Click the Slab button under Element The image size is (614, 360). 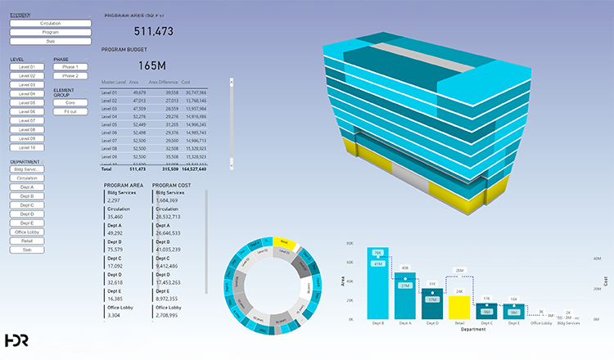50,41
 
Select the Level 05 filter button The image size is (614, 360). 27,102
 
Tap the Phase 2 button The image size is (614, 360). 70,75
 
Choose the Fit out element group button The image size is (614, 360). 70,111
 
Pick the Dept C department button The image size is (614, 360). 27,205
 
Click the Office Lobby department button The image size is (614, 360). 27,232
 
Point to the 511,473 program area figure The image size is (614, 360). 154,31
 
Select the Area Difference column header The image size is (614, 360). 164,83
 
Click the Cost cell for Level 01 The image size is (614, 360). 194,94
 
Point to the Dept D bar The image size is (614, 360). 432,303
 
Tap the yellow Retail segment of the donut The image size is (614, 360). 282,242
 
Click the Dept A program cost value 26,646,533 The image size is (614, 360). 172,232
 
